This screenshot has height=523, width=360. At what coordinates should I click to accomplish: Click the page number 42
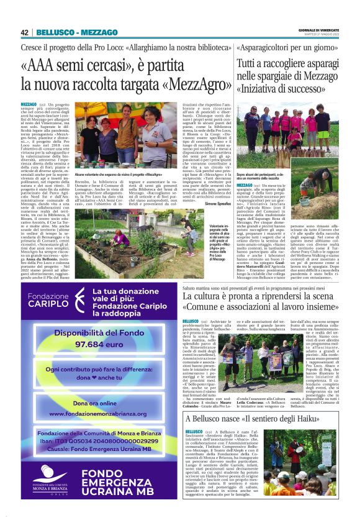[x=25, y=32]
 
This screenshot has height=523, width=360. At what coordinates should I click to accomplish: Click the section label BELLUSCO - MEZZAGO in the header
[x=77, y=32]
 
